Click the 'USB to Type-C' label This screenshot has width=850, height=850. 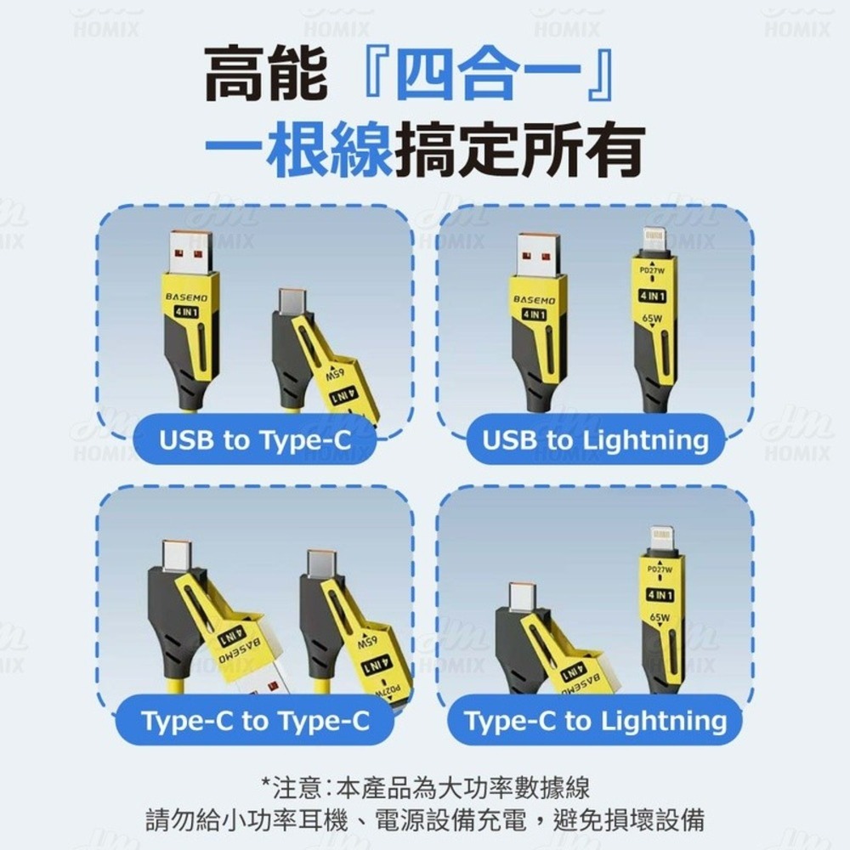tap(254, 439)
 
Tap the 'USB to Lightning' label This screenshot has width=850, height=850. tap(595, 439)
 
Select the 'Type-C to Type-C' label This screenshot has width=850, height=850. tap(255, 721)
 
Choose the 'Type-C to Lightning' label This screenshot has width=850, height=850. tap(595, 721)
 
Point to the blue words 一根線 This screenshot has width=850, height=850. tap(297, 150)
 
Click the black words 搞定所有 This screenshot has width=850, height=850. tap(518, 150)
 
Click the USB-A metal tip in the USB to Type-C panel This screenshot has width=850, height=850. tap(190, 251)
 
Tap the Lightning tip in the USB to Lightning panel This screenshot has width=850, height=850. tap(653, 239)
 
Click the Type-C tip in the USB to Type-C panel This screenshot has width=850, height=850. tap(292, 301)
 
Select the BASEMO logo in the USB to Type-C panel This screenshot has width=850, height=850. tap(184, 298)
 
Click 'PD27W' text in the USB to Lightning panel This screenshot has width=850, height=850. tap(653, 270)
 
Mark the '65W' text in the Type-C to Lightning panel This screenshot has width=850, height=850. tap(660, 617)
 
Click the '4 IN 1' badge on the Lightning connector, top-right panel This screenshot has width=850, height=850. tap(653, 296)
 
